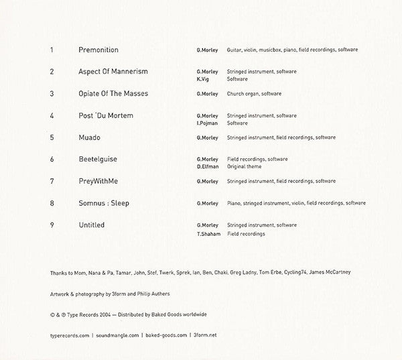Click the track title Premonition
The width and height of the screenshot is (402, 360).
[98, 50]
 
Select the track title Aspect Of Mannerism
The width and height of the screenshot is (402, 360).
[113, 71]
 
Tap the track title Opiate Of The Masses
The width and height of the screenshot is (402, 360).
[113, 93]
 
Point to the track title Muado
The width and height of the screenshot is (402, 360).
[89, 137]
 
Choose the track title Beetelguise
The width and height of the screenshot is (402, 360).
[98, 159]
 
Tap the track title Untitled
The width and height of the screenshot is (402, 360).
[91, 225]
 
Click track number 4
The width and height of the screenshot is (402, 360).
[52, 115]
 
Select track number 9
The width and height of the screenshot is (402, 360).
[52, 225]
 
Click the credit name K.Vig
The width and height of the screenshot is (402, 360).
[203, 79]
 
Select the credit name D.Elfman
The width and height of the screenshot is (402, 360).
[207, 167]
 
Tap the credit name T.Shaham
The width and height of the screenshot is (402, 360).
[208, 233]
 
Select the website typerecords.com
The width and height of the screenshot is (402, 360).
[70, 333]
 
